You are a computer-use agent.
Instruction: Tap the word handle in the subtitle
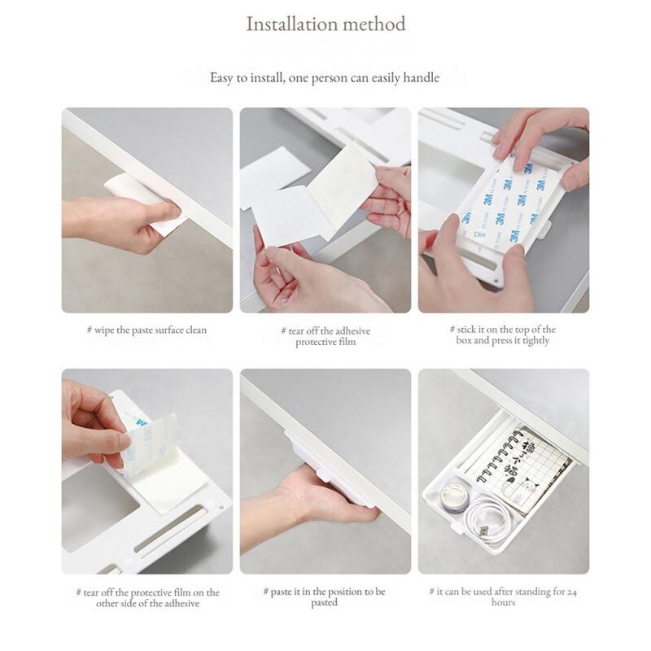tap(421, 77)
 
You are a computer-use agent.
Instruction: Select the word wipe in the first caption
tap(103, 330)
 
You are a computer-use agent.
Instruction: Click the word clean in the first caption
tap(196, 330)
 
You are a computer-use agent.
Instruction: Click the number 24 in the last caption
tap(572, 592)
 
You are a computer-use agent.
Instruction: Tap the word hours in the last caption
tap(503, 602)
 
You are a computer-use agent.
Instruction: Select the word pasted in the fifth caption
tap(324, 602)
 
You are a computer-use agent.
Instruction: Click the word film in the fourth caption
tap(182, 592)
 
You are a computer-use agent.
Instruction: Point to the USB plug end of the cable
tap(483, 531)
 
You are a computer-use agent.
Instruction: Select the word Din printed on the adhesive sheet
tap(479, 234)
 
